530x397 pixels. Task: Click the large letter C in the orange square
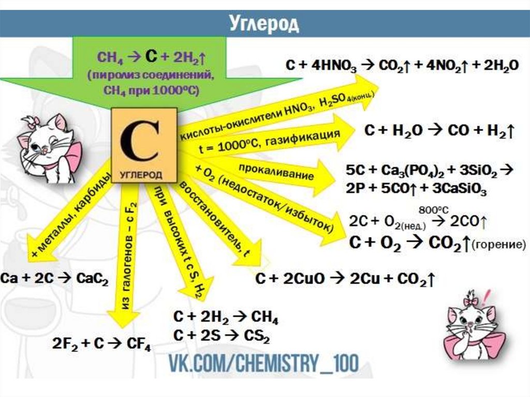point(140,141)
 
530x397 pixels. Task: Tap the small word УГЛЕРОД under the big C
point(141,174)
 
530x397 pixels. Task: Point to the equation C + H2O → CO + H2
point(438,131)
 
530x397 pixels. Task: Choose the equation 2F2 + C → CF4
point(101,343)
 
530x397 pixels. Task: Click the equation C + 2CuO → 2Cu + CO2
point(344,280)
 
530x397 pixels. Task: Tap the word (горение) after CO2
point(495,245)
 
